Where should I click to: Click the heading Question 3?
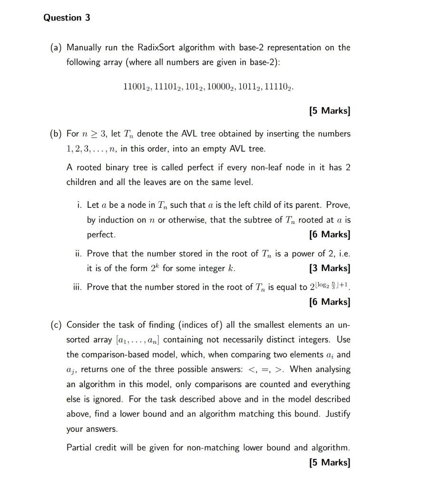(x=67, y=18)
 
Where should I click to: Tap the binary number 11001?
(x=136, y=87)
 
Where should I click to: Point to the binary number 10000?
(x=220, y=87)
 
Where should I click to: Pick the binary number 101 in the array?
(x=194, y=87)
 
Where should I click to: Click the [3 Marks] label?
(x=329, y=268)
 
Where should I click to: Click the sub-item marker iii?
(x=78, y=287)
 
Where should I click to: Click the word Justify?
(x=338, y=414)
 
